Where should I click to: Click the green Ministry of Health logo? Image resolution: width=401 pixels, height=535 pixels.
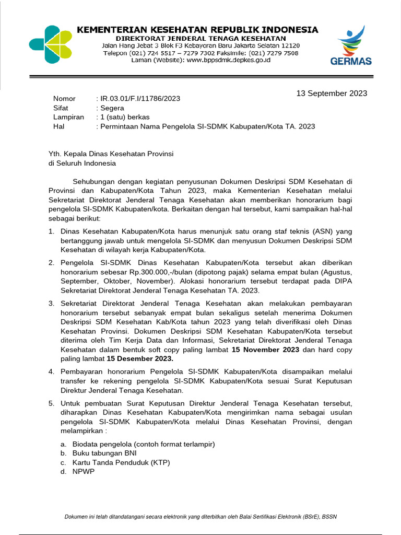pos(51,45)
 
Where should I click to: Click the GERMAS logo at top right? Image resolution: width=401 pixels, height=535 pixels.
pos(351,47)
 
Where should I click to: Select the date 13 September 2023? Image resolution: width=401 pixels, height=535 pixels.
pos(332,94)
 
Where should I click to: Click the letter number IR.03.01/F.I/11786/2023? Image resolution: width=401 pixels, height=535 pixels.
pos(139,99)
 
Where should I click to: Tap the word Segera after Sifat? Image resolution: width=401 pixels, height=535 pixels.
pos(112,108)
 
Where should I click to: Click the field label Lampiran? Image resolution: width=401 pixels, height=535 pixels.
pos(68,117)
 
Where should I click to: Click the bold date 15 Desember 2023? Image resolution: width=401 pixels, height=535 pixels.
pos(140,359)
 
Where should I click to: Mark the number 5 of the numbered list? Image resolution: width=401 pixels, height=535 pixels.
pos(51,403)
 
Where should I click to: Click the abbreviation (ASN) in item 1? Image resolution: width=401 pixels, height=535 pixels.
pos(328,230)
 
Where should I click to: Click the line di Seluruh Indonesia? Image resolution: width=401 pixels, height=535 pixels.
pos(82,163)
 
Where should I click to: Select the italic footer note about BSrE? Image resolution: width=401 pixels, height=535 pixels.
pos(200,517)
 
